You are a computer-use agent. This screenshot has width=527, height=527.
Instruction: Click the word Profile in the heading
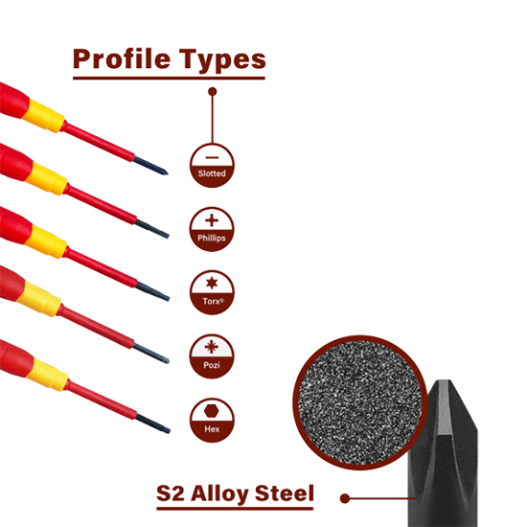[x=122, y=59]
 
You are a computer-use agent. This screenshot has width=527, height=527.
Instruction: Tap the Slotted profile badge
[x=212, y=166]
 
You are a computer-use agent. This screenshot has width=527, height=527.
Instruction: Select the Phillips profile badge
[x=212, y=229]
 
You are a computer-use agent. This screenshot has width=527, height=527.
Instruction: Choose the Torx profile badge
[x=212, y=293]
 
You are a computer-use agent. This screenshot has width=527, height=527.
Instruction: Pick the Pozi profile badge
[x=212, y=356]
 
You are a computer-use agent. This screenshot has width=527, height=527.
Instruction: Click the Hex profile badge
[x=212, y=420]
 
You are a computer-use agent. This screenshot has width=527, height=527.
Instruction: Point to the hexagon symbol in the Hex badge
[x=212, y=411]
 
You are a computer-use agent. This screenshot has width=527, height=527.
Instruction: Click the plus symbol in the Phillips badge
[x=212, y=220]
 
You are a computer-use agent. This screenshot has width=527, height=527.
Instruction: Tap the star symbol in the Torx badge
[x=212, y=283]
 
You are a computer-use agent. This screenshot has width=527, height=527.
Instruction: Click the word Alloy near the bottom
[x=219, y=494]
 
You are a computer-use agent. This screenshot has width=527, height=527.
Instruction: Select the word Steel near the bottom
[x=285, y=493]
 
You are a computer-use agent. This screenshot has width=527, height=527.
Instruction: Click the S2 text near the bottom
[x=171, y=493]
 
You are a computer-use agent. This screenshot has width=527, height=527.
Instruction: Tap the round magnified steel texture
[x=359, y=402]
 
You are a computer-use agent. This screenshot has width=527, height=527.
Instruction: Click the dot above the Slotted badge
[x=212, y=91]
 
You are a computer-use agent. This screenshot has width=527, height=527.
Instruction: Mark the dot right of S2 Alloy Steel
[x=345, y=498]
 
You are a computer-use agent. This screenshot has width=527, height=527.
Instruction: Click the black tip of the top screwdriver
[x=150, y=166]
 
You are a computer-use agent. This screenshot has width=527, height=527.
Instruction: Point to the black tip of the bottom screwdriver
[x=153, y=424]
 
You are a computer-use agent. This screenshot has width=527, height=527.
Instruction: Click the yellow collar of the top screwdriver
[x=43, y=116]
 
